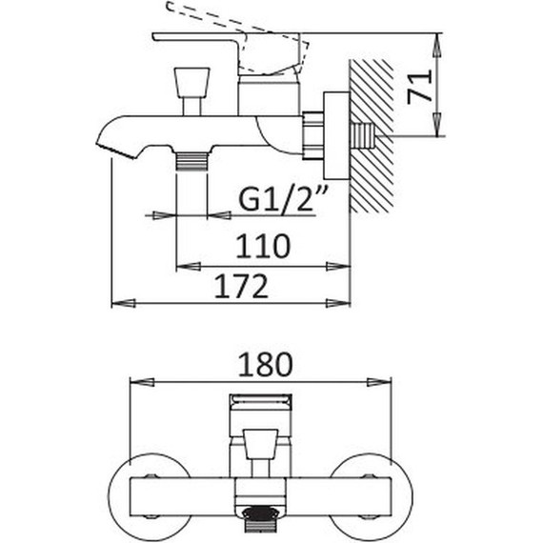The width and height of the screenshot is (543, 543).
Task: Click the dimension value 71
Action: tap(420, 87)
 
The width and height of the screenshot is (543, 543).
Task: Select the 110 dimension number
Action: tap(263, 246)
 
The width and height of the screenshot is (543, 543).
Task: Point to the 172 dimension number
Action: tap(241, 286)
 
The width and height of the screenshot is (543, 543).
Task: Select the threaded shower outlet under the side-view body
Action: tap(191, 161)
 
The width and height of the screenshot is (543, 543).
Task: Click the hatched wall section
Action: tap(372, 136)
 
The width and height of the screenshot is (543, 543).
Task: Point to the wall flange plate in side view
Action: tap(336, 135)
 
